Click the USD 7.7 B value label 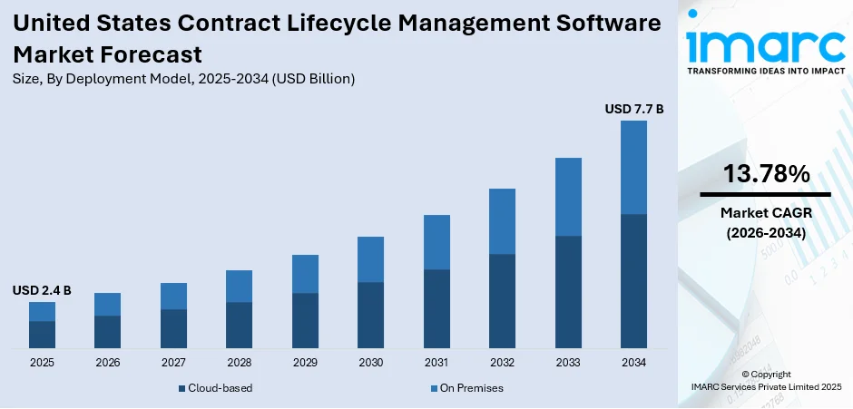[634, 109]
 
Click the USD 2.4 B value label [42, 290]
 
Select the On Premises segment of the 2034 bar [633, 167]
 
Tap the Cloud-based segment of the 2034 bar [633, 281]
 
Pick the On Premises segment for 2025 [42, 311]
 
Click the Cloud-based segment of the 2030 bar [370, 315]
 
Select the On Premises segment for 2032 [502, 221]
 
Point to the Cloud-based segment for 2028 [239, 325]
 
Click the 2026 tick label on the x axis [107, 363]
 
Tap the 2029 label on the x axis [305, 363]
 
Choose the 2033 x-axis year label [568, 363]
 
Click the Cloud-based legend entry [215, 388]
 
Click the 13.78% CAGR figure [765, 174]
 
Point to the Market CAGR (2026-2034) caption [765, 222]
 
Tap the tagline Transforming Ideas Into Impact [764, 70]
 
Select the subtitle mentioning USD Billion [183, 79]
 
